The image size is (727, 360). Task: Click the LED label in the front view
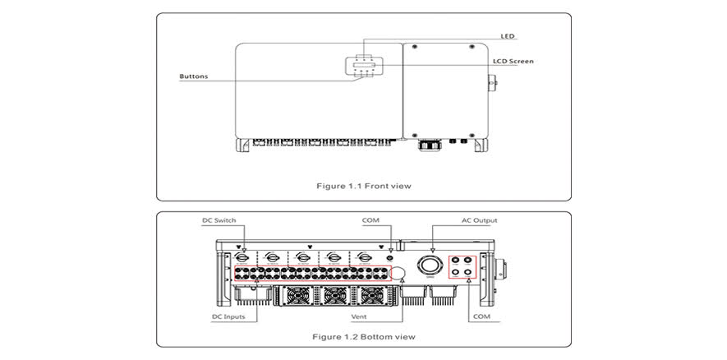point(508,35)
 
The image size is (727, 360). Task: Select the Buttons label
point(194,76)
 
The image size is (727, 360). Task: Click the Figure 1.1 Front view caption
point(364,186)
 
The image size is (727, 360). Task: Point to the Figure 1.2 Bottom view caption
point(364,337)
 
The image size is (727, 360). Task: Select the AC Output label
point(479,220)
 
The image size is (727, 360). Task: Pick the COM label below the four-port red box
point(482,316)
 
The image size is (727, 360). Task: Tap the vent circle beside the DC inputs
point(398,273)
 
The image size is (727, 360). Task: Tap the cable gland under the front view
point(428,145)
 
